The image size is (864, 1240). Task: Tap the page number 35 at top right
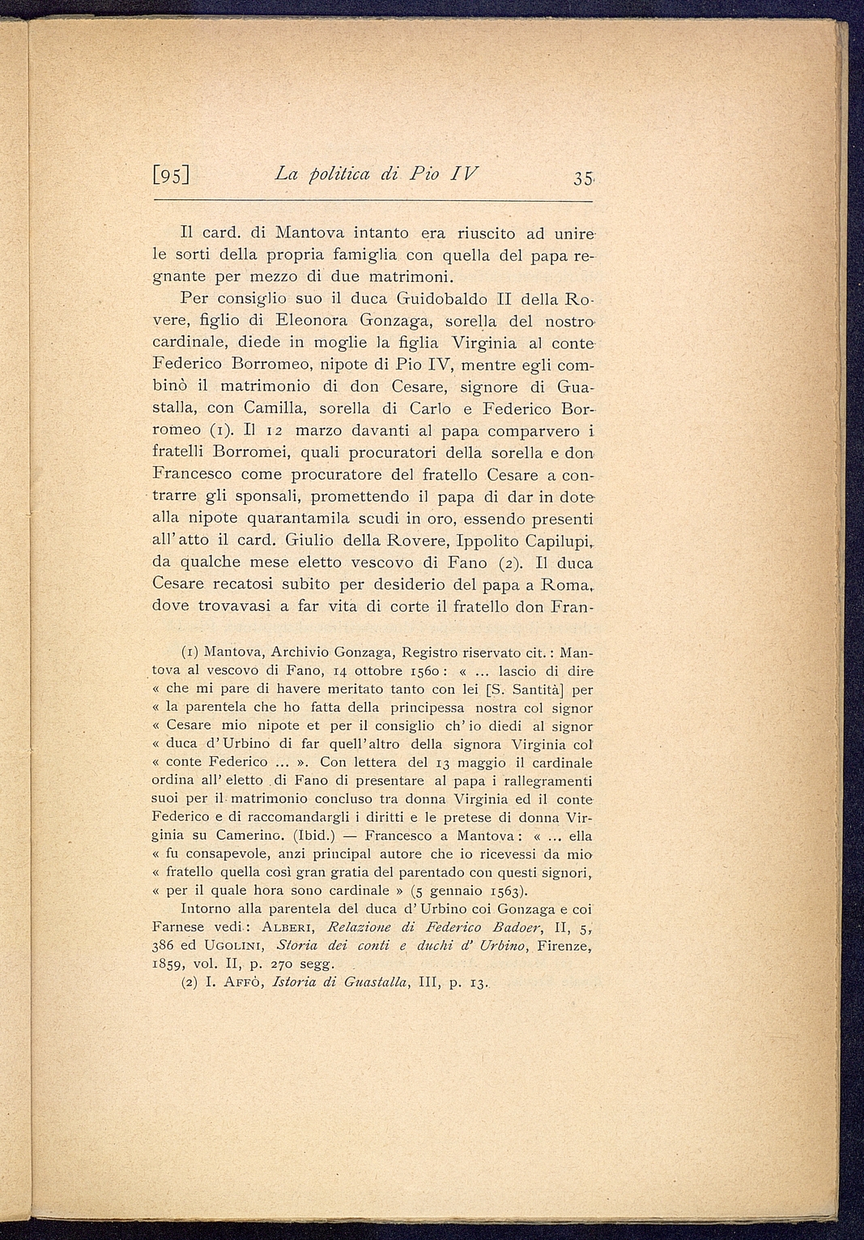(580, 177)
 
